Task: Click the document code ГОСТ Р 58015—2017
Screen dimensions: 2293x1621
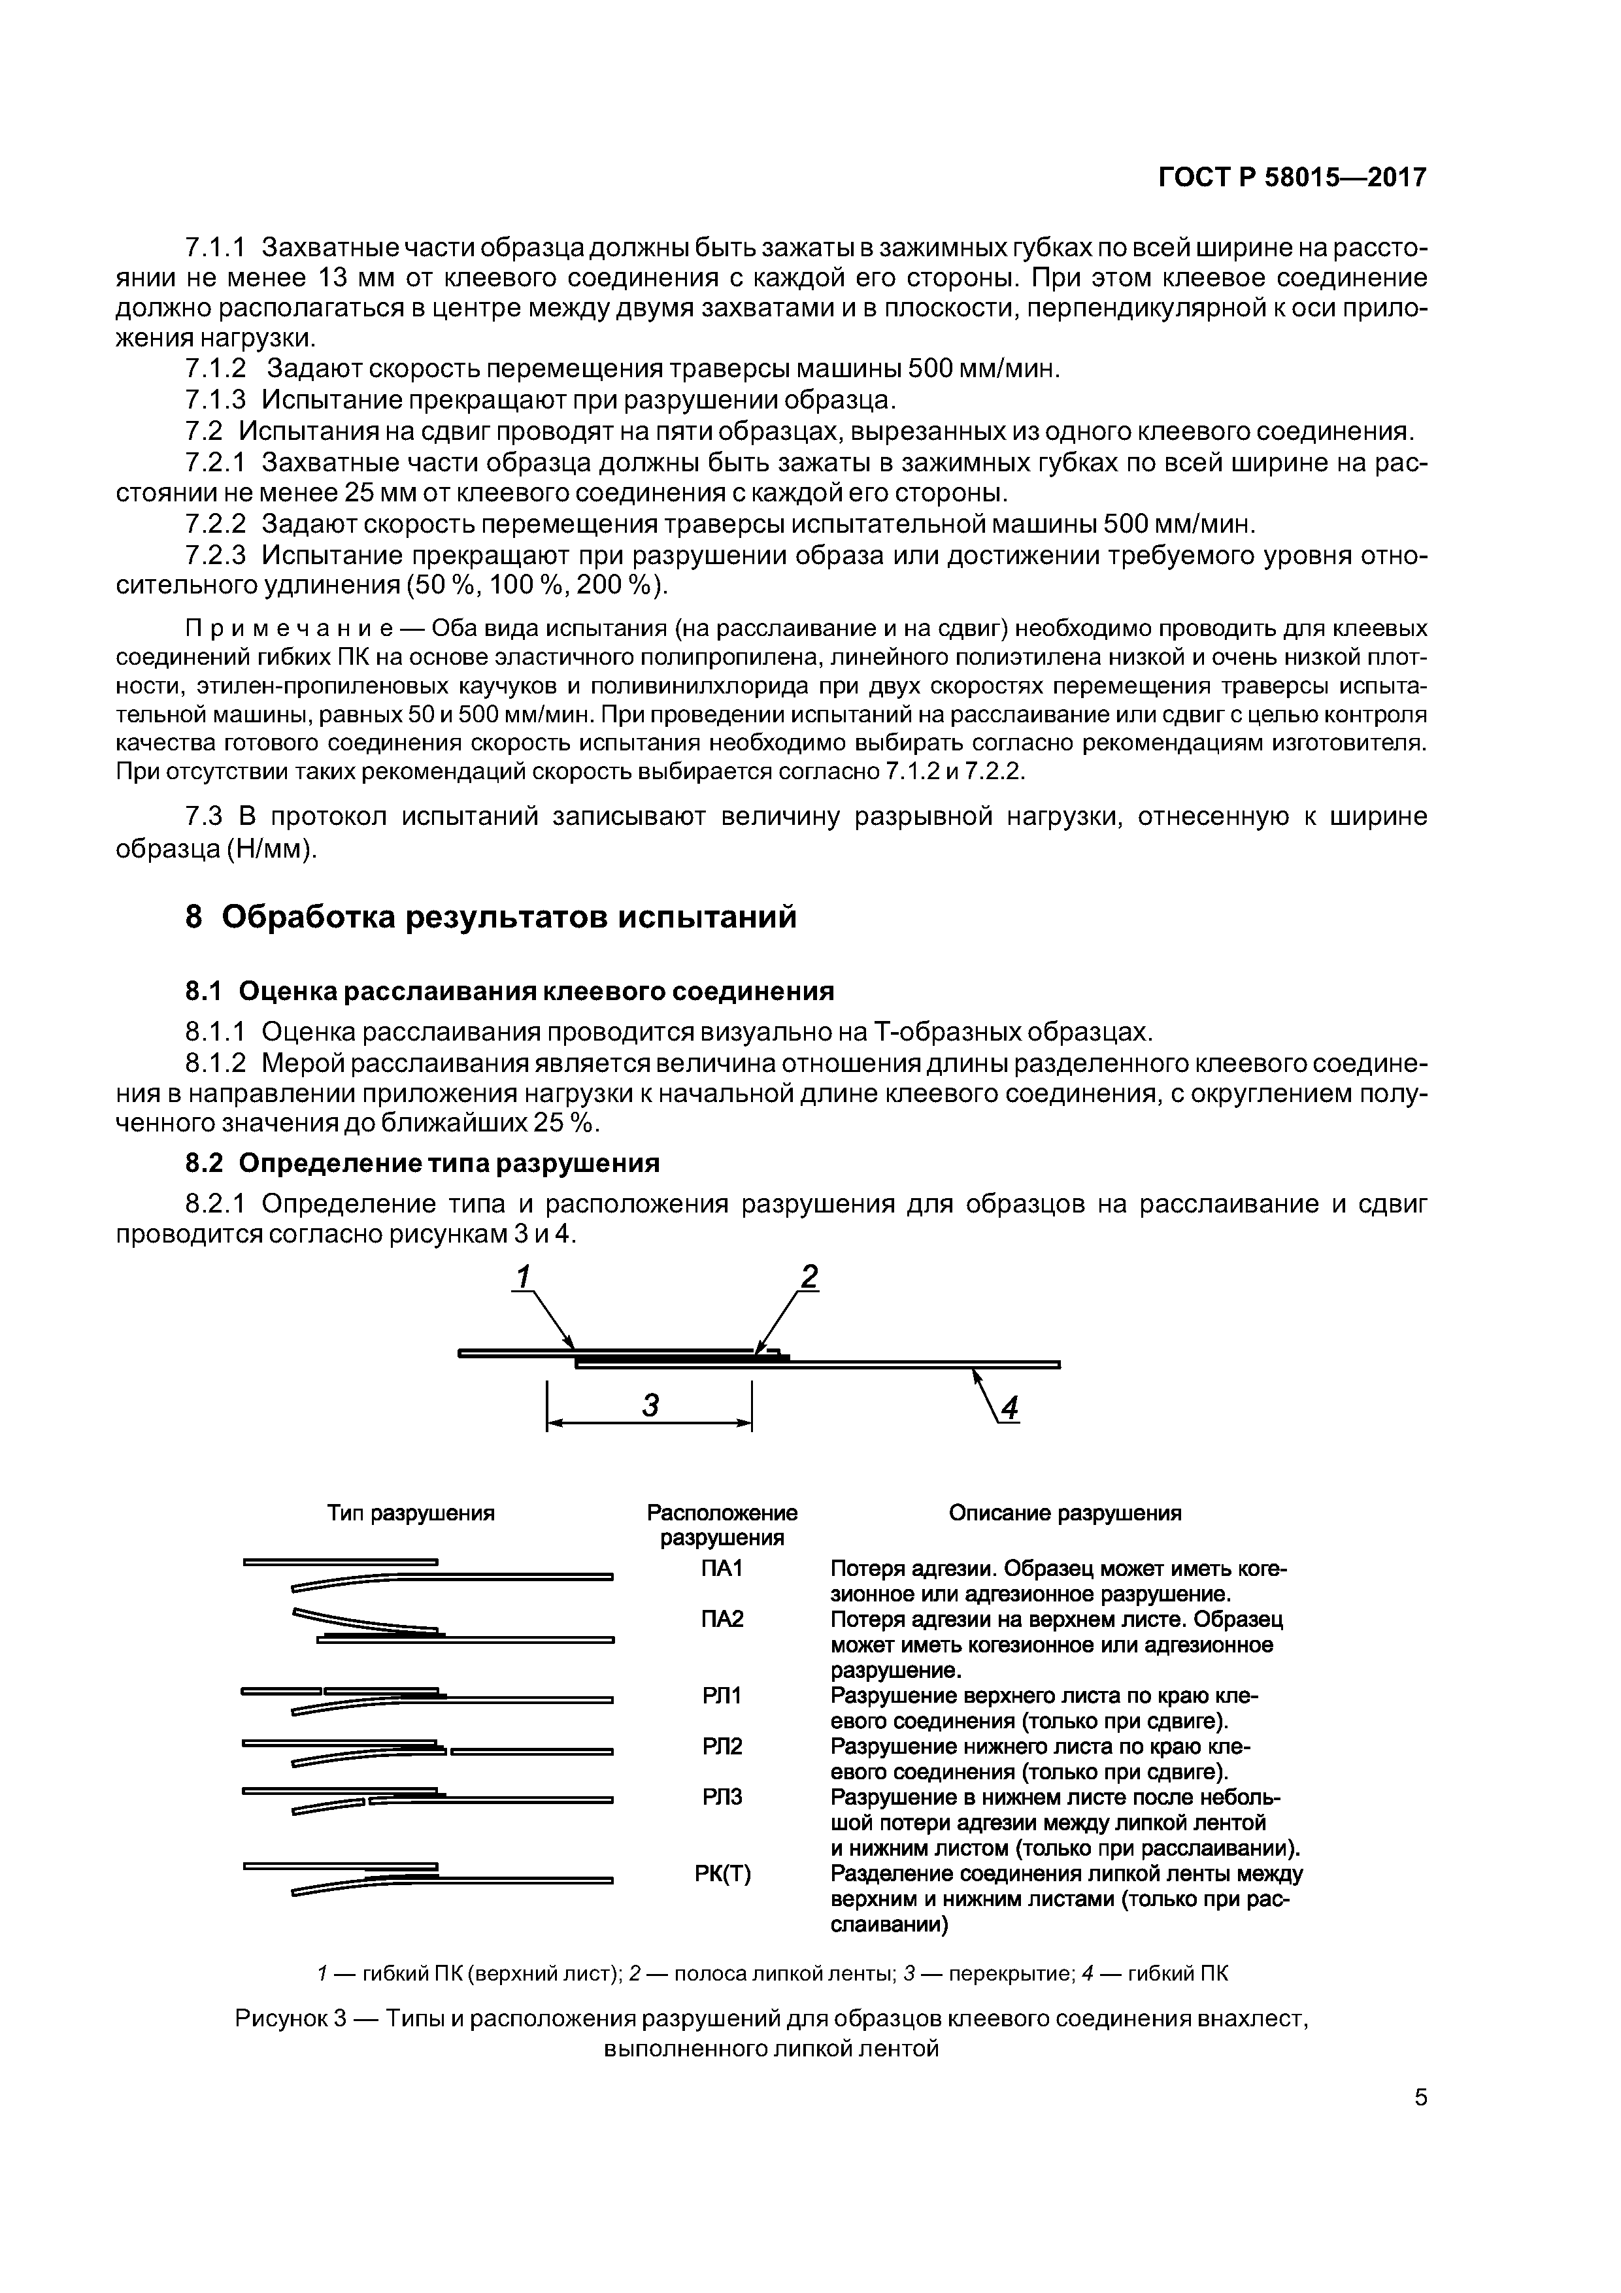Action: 1292,178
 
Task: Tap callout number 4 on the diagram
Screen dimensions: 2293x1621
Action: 1010,1408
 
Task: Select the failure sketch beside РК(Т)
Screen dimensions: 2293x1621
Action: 427,1877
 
